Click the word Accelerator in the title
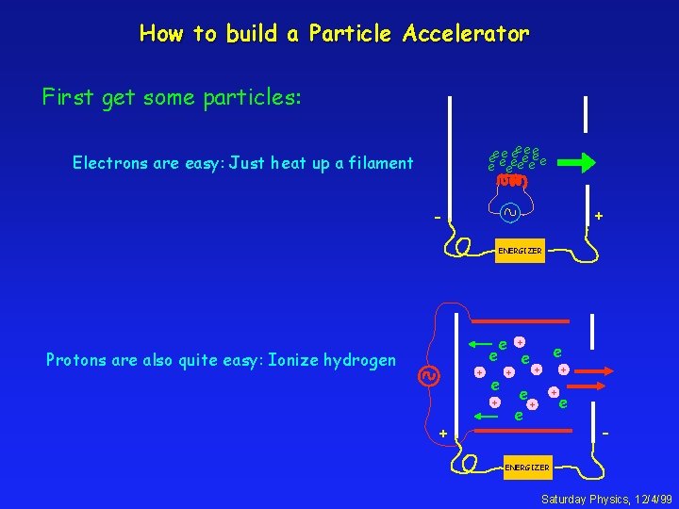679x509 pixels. pyautogui.click(x=466, y=34)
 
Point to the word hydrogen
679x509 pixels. pyautogui.click(x=359, y=360)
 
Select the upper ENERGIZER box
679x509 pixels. pyautogui.click(x=520, y=251)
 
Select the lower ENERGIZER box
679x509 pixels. pyautogui.click(x=527, y=468)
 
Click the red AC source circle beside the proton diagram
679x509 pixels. pyautogui.click(x=428, y=375)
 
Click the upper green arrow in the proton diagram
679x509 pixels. pyautogui.click(x=484, y=344)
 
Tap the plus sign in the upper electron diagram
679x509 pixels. pyautogui.click(x=598, y=218)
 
